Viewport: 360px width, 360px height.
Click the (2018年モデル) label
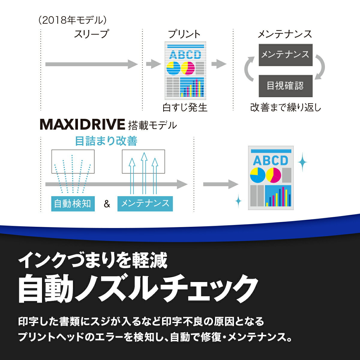point(72,20)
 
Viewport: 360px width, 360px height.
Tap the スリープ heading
point(91,34)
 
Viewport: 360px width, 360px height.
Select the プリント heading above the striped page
point(184,34)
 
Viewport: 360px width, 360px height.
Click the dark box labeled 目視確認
point(285,86)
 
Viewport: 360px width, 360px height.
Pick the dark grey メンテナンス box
point(285,55)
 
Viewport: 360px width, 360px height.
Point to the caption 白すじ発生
point(185,107)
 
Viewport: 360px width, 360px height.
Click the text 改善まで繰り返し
point(286,107)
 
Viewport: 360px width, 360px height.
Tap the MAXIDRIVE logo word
point(82,124)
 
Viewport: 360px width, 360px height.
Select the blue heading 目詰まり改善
point(106,141)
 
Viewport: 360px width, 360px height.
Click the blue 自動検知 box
point(73,204)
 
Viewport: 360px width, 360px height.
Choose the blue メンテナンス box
point(145,204)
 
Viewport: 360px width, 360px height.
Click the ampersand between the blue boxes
point(107,205)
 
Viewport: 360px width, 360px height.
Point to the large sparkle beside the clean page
point(302,162)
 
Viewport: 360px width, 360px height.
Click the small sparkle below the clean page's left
point(238,201)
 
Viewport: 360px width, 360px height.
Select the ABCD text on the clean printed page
point(270,160)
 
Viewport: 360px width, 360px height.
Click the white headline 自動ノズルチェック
point(138,288)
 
